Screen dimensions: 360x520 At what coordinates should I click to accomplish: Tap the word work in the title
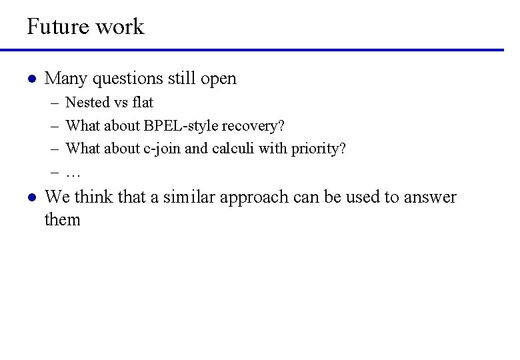coord(119,27)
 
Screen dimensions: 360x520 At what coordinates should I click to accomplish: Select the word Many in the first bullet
coord(66,79)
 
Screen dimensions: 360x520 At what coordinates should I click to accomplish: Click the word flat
coord(143,103)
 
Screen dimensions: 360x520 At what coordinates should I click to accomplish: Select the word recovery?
coord(253,125)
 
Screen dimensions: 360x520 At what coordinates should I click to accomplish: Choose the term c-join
coord(162,148)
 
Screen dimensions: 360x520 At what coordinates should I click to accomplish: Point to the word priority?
coord(319,148)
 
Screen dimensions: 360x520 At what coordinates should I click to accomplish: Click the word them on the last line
coord(62,220)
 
